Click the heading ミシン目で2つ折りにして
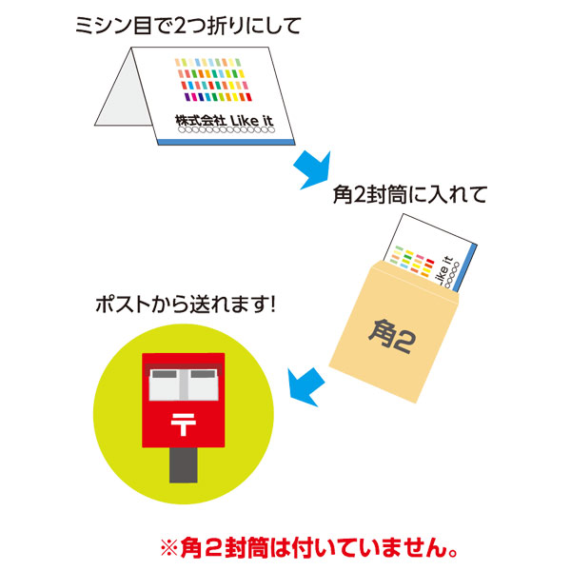tap(188, 27)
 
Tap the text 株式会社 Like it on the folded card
tap(224, 121)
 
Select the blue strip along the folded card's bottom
tap(226, 142)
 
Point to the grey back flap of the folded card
tap(122, 93)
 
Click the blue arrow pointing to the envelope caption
tap(313, 170)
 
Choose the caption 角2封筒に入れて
tap(410, 195)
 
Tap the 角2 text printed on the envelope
tap(392, 336)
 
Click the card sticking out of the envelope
tap(430, 251)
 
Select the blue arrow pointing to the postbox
tap(305, 387)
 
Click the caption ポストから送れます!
tap(186, 305)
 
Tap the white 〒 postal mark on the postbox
tap(184, 424)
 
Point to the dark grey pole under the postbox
tap(184, 465)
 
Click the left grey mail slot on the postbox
tap(165, 374)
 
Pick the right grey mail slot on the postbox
tap(203, 374)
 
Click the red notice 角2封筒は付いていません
tap(308, 548)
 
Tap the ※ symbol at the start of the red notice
tap(169, 548)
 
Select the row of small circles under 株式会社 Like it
tap(226, 130)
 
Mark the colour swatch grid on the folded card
tap(213, 80)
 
